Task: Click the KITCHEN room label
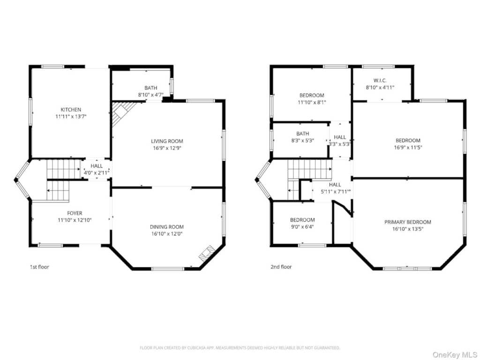click(x=71, y=110)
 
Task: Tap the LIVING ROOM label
click(x=167, y=141)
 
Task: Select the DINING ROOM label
click(x=167, y=227)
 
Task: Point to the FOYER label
click(x=75, y=213)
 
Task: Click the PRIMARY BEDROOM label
click(x=408, y=222)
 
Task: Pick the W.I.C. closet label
click(x=380, y=81)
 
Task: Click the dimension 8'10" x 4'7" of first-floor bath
click(x=150, y=95)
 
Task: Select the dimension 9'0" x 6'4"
click(x=302, y=227)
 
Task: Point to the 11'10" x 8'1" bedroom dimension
click(x=312, y=102)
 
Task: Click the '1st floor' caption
click(x=39, y=267)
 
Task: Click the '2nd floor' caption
click(x=281, y=267)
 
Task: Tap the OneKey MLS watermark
click(x=455, y=355)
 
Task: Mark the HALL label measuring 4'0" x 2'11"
click(x=97, y=166)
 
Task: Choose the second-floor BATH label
click(x=302, y=134)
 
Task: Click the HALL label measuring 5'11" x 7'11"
click(x=335, y=185)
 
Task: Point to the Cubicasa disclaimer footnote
click(x=240, y=348)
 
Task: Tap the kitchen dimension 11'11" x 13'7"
click(x=71, y=117)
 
